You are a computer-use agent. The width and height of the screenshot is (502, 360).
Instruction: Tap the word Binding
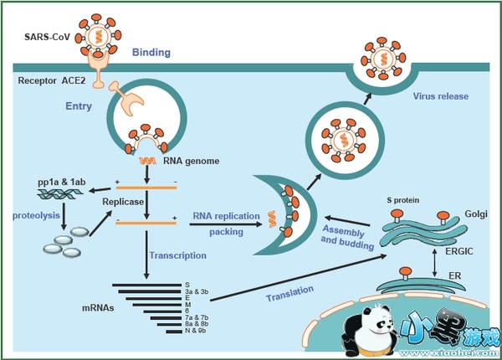point(151,54)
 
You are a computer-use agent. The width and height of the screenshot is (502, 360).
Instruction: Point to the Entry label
point(79,107)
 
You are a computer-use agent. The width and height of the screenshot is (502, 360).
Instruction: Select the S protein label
point(397,200)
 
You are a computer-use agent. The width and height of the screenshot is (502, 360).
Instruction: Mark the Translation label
point(290,293)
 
